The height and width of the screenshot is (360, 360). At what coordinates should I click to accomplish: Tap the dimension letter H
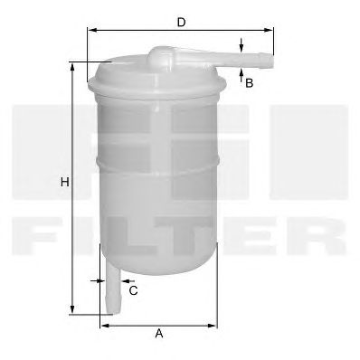[63, 183]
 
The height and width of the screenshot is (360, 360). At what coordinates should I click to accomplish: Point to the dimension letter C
[133, 290]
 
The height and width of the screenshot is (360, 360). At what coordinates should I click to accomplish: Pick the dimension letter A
[158, 334]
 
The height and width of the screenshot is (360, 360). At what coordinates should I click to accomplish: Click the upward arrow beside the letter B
[242, 75]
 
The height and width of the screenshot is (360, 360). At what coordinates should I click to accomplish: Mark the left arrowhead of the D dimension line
[91, 30]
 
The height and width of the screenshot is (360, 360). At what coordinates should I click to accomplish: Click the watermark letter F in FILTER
[41, 233]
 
